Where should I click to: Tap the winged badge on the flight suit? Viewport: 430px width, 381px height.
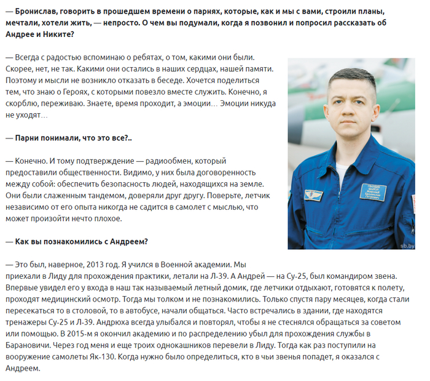(x=314, y=195)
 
